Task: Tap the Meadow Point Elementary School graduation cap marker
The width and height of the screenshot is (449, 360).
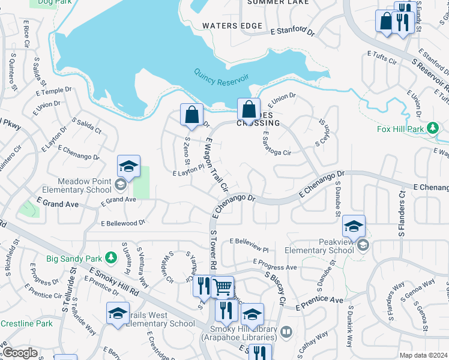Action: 128,167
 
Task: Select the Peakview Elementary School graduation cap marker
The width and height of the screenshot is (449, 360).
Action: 354,227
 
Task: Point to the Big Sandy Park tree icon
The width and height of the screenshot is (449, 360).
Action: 110,258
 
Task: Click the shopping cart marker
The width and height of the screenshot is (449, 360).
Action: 223,288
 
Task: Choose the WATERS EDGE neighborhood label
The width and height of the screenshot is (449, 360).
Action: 232,26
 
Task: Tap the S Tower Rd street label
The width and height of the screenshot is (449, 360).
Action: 212,249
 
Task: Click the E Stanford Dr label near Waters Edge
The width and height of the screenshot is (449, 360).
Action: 292,31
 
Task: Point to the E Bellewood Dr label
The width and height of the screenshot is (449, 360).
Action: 123,223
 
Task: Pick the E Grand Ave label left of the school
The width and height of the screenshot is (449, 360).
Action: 58,204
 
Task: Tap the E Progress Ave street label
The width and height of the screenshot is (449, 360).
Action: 275,265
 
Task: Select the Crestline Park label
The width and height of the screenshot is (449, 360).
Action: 26,323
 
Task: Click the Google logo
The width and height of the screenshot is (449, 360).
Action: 20,353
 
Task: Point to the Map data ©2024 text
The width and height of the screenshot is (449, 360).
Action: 424,355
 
